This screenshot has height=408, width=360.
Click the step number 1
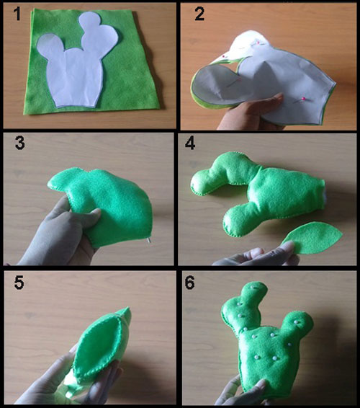(x=17, y=14)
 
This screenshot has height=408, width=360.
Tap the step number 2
(x=199, y=14)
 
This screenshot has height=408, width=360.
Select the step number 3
(x=19, y=143)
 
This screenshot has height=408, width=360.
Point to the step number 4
(x=190, y=143)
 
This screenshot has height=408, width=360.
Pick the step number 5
(x=19, y=283)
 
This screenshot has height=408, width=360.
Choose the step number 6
(x=190, y=283)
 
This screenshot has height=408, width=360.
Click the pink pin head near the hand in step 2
(x=303, y=99)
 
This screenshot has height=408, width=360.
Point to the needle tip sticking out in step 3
(x=148, y=241)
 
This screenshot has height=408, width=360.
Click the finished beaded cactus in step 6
(x=266, y=338)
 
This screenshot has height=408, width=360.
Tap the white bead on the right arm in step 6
(x=296, y=322)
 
